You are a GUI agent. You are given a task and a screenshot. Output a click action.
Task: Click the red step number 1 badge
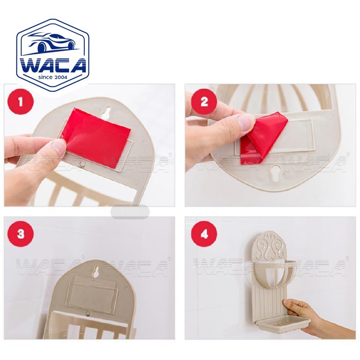tap(21, 102)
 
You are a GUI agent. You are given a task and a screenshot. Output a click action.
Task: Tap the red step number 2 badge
tap(204, 102)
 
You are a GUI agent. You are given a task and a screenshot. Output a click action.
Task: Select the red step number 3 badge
tap(21, 234)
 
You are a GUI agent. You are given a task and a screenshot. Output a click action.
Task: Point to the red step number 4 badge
tap(204, 234)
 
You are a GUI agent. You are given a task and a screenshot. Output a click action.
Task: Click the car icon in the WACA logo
tap(53, 43)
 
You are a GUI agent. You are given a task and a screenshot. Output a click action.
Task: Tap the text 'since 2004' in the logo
tap(53, 77)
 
